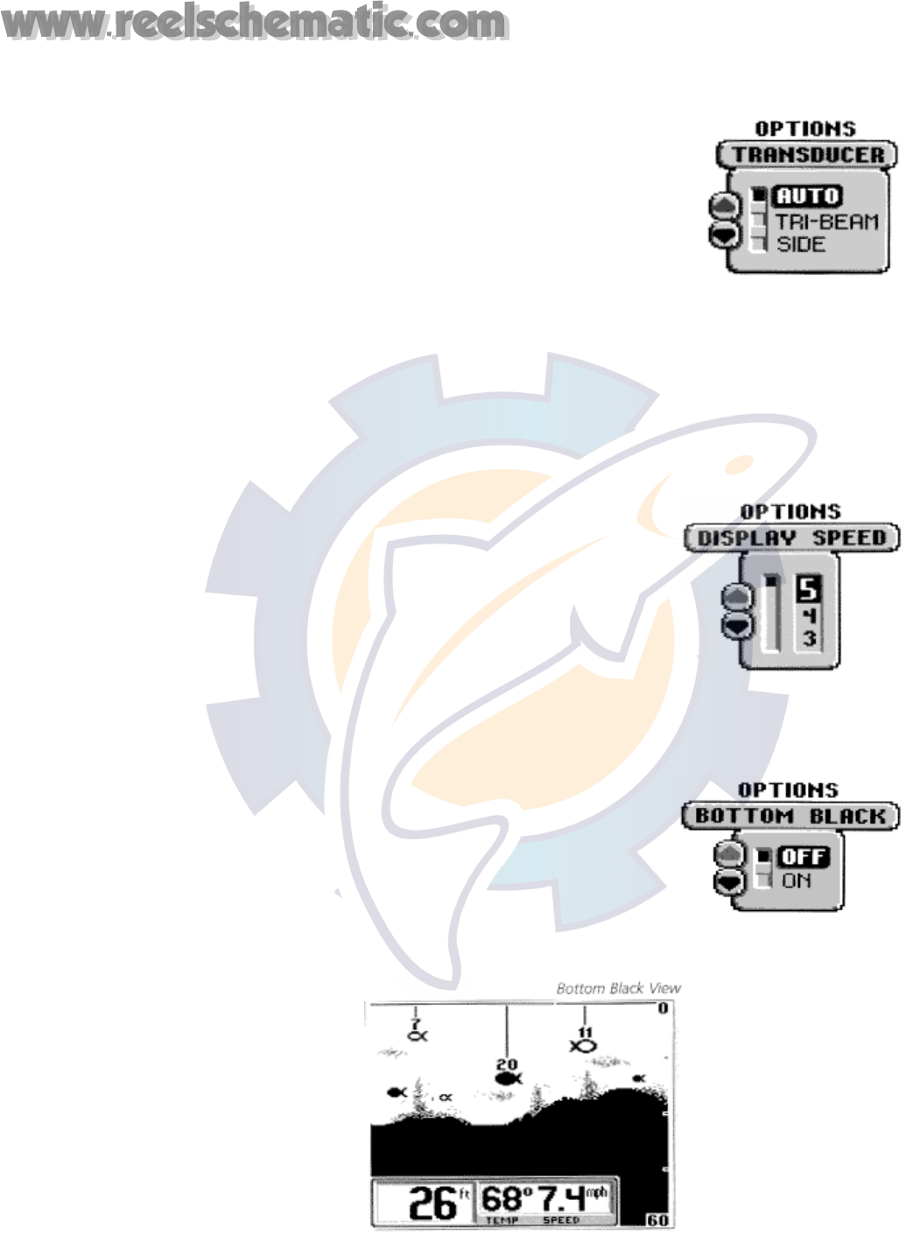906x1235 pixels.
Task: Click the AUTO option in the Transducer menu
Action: tap(807, 196)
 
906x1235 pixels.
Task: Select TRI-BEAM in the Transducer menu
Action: tap(826, 222)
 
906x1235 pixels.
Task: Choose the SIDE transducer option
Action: tap(801, 244)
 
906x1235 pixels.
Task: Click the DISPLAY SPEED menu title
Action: tap(791, 537)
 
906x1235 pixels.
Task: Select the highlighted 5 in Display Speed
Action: tap(808, 589)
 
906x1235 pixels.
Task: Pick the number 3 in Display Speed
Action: tap(809, 639)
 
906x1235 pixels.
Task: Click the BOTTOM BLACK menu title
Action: tap(790, 816)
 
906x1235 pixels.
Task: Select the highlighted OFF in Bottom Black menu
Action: tap(803, 857)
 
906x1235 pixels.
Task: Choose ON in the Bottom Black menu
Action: tap(797, 881)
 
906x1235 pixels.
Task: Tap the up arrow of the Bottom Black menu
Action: tap(728, 853)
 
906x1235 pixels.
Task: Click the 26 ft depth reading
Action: tap(432, 1203)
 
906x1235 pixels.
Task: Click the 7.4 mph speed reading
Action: tap(564, 1198)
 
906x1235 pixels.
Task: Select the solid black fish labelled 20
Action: tap(508, 1078)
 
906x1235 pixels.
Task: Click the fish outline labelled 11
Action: tap(583, 1045)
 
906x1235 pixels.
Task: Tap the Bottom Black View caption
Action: tap(618, 988)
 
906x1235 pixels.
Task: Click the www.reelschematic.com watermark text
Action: tap(255, 24)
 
